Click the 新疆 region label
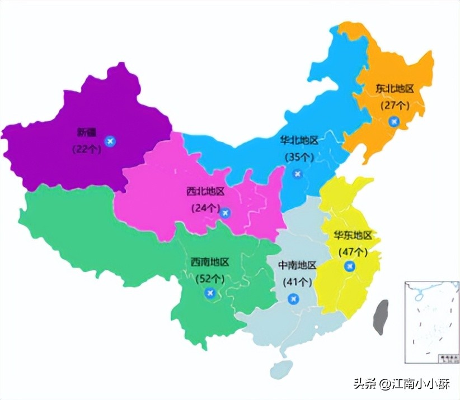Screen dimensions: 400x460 pos(87,133)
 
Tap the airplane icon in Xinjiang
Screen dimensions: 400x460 pos(110,140)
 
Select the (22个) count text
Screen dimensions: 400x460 pos(85,149)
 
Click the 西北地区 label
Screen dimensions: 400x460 pos(205,192)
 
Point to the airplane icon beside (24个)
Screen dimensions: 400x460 pos(226,212)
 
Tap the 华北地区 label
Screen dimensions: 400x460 pos(299,140)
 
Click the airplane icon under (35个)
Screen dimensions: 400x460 pos(298,174)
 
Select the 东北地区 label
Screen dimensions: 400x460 pos(395,89)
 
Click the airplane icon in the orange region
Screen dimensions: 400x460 pos(395,121)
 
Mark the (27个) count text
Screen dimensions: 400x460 pos(395,105)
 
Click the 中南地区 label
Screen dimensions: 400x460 pos(297,265)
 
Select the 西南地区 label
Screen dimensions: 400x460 pos(210,262)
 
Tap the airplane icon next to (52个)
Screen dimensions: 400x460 pos(210,293)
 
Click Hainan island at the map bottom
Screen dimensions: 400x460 pos(281,369)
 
